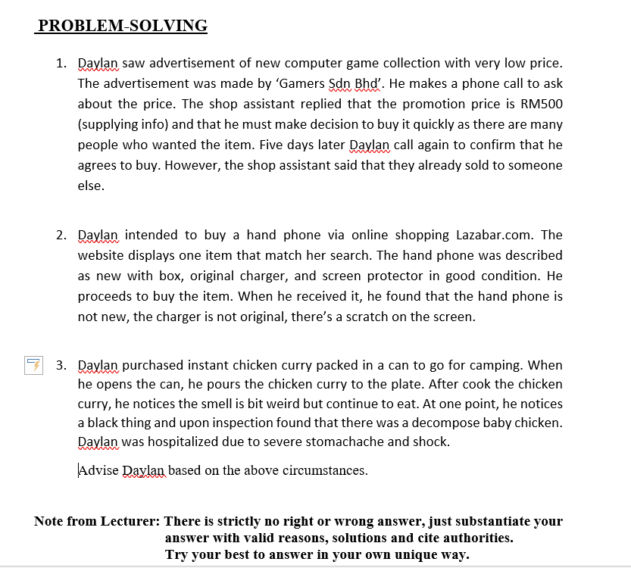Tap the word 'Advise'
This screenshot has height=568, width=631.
click(98, 470)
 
